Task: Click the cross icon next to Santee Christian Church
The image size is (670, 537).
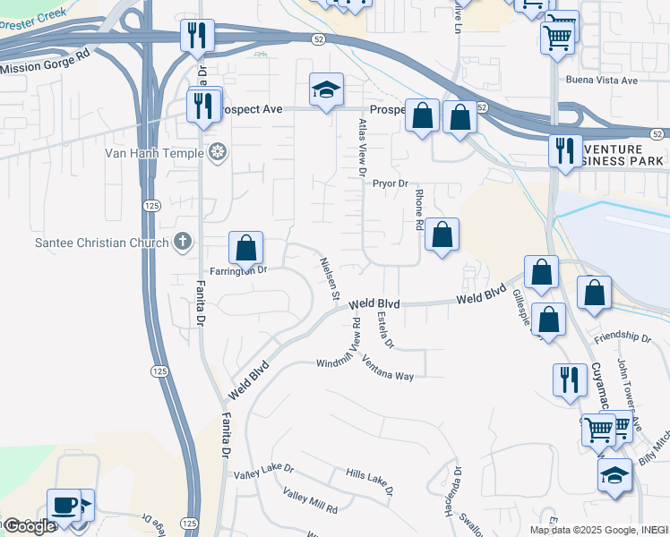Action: pyautogui.click(x=182, y=242)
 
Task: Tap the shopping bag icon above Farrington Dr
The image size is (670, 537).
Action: pyautogui.click(x=245, y=249)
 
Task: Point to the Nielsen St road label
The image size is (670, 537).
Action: pyautogui.click(x=329, y=277)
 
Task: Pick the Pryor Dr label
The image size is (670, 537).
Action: pyautogui.click(x=391, y=183)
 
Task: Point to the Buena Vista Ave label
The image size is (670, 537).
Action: pyautogui.click(x=601, y=81)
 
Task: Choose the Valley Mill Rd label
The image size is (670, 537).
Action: pyautogui.click(x=309, y=501)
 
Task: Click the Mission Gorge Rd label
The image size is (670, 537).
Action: pyautogui.click(x=46, y=62)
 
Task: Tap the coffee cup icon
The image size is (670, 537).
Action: pyautogui.click(x=64, y=505)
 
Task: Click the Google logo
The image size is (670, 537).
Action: pyautogui.click(x=29, y=526)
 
